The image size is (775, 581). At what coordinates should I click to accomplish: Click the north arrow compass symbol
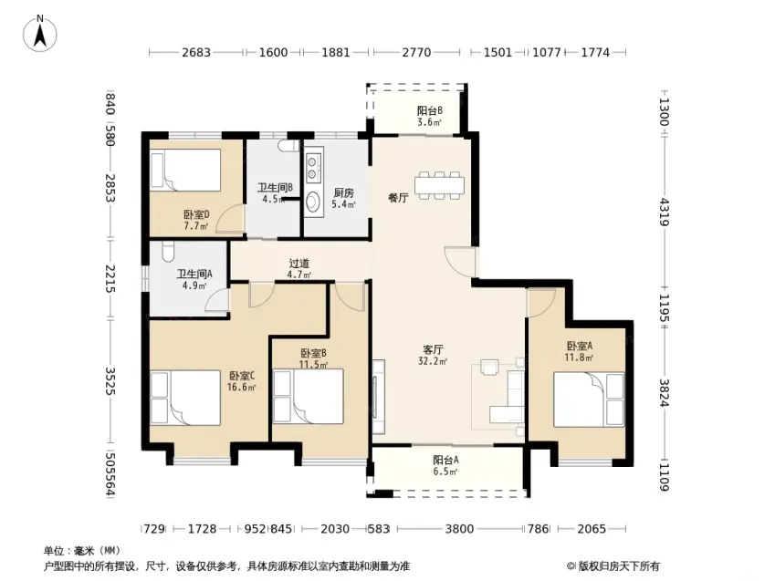point(40,33)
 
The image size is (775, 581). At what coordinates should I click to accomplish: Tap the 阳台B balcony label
point(429,116)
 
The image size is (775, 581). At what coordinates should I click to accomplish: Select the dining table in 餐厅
point(439,185)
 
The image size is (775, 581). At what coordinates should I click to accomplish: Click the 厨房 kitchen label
point(343,198)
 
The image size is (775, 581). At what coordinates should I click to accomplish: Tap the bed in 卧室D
point(185,171)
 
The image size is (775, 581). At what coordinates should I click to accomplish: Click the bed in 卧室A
point(589,399)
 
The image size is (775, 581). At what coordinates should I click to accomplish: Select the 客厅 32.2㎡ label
point(433,355)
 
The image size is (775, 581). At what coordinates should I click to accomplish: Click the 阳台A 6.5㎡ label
point(445,465)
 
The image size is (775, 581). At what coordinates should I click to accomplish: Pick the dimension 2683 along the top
point(196,52)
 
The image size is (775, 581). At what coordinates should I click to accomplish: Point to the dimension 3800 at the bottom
point(459,529)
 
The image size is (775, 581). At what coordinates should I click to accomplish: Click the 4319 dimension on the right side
point(664,212)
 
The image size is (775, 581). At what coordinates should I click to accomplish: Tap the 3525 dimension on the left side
point(110,381)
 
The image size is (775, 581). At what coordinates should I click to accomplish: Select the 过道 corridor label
point(299,268)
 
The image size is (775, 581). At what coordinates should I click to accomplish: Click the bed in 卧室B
point(309,397)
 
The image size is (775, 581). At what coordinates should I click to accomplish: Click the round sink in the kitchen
point(313,201)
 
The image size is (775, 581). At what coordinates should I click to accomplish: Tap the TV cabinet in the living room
point(379,398)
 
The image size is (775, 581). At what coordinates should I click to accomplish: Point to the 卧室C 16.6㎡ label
point(241,381)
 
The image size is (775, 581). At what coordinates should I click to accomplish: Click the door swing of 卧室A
point(541,303)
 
